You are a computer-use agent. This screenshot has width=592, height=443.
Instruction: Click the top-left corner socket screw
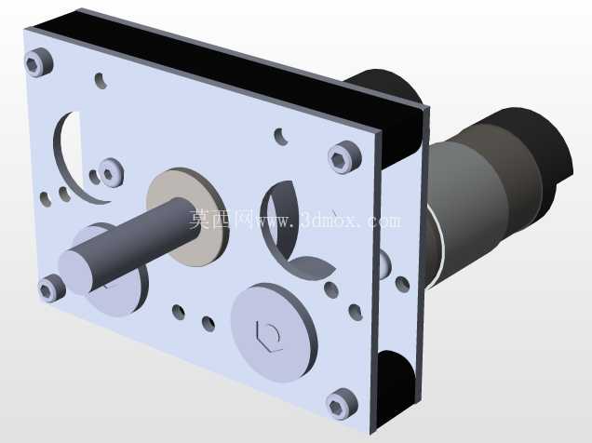[x=38, y=62]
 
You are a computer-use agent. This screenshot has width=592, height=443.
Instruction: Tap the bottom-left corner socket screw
[x=51, y=288]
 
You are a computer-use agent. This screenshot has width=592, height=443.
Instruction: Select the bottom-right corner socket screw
[x=341, y=404]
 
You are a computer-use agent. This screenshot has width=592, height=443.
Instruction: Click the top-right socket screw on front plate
[x=344, y=156]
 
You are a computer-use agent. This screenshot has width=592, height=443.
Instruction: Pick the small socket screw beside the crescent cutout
[x=111, y=172]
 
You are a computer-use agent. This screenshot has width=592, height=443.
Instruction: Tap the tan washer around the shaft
[x=187, y=217]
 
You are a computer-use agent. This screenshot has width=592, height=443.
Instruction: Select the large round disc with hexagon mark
[x=274, y=332]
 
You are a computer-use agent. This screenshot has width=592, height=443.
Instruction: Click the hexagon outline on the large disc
[x=268, y=336]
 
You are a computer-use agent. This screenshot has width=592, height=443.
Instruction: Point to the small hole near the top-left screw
[x=101, y=80]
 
